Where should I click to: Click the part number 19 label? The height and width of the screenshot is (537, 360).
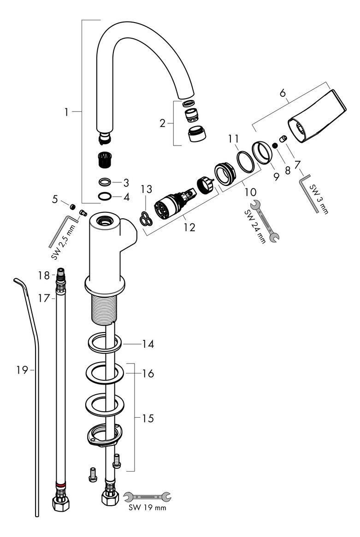click(x=22, y=370)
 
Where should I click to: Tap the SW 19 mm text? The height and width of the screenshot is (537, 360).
click(x=148, y=507)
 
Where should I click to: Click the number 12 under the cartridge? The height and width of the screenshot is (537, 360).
click(x=189, y=227)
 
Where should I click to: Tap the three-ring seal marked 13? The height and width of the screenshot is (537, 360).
click(x=146, y=219)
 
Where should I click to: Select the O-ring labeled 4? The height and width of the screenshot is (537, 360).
click(x=104, y=197)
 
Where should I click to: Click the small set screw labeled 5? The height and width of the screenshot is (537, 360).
click(x=72, y=206)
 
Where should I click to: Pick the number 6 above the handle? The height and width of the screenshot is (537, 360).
click(x=283, y=93)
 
